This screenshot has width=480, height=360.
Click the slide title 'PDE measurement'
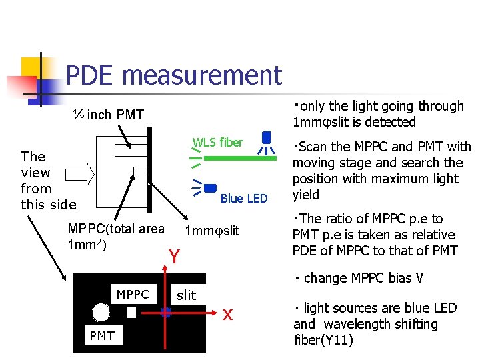(174, 75)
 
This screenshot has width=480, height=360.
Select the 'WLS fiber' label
(217, 142)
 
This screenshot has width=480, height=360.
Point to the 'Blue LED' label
(243, 198)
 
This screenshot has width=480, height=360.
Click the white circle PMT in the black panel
(101, 312)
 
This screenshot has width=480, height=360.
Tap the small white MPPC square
(131, 312)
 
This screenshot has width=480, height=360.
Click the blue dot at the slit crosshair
(166, 311)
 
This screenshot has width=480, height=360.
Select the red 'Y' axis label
(174, 257)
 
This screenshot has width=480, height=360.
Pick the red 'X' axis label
(227, 315)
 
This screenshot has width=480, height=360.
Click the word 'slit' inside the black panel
(186, 295)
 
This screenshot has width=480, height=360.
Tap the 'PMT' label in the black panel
(101, 336)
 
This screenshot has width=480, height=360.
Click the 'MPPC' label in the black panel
(133, 294)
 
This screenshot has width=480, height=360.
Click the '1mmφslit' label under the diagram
(211, 231)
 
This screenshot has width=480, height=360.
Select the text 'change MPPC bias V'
(363, 278)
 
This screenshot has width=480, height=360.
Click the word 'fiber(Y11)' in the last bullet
(323, 340)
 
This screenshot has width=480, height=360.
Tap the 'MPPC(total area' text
(116, 229)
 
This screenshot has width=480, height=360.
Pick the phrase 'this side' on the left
(49, 205)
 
